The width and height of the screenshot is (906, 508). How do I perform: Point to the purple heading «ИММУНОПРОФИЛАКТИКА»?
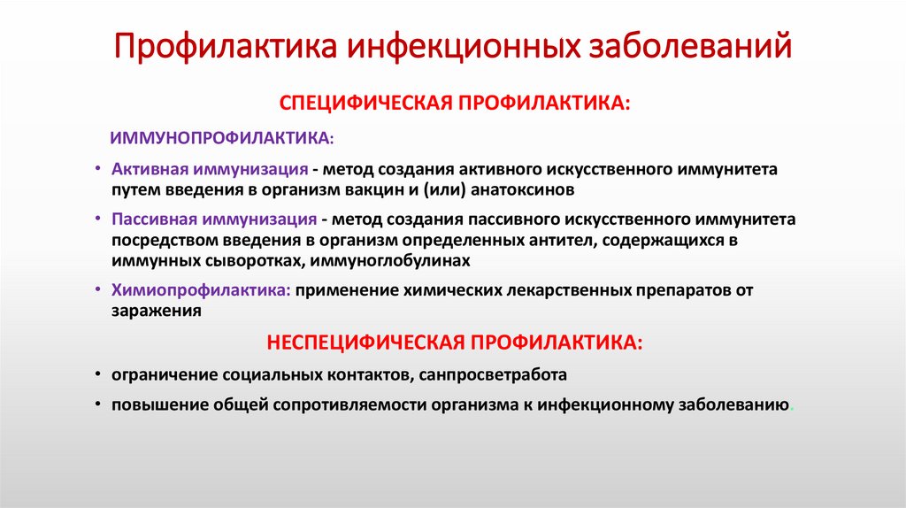click(219, 138)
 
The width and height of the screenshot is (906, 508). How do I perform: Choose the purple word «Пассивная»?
click(154, 218)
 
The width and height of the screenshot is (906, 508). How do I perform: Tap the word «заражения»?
click(157, 312)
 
